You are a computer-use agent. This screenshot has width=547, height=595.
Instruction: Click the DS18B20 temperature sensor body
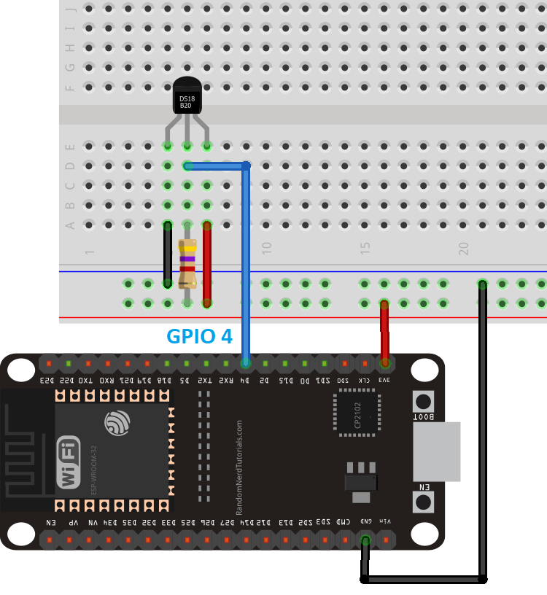tap(187, 97)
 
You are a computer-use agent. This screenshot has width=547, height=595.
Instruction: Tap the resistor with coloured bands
tap(187, 262)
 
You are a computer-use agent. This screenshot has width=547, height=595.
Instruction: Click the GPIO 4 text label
tap(199, 337)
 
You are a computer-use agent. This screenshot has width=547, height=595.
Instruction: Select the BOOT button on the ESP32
tap(423, 402)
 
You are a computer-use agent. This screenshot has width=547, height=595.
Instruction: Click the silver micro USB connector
tap(436, 451)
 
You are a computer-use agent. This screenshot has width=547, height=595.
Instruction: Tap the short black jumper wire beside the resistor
tap(168, 253)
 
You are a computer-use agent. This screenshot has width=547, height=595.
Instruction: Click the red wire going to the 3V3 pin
tap(384, 332)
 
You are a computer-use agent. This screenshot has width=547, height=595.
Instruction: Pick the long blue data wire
tap(247, 262)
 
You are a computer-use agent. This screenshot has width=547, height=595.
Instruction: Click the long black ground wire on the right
tap(482, 430)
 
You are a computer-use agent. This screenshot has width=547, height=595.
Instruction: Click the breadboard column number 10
tap(267, 248)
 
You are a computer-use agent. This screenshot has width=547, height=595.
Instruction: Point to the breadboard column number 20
tap(464, 248)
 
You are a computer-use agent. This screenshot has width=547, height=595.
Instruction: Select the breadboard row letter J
tap(71, 9)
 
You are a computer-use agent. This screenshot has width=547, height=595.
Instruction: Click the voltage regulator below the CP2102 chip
tap(360, 481)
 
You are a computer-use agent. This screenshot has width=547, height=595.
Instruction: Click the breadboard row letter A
tap(71, 225)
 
